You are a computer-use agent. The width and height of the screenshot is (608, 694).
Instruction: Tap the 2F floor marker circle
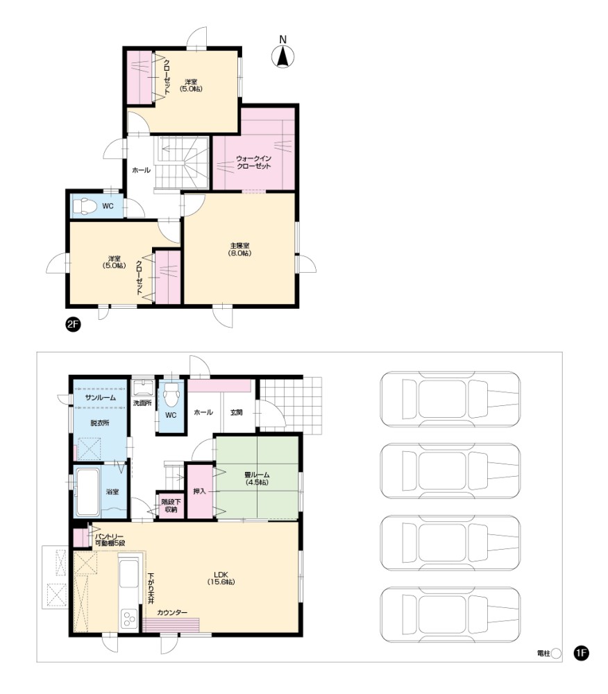(x=73, y=324)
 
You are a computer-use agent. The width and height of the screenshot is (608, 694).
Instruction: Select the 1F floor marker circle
(x=581, y=653)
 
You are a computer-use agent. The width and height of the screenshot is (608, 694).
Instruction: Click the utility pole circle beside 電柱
(x=556, y=653)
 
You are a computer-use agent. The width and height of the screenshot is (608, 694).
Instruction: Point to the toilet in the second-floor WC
(x=85, y=206)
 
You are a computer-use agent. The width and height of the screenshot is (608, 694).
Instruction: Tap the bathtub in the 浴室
(x=88, y=492)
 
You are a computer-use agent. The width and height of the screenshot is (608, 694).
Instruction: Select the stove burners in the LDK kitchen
(x=129, y=618)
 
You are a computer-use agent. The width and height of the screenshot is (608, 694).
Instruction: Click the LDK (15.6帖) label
(x=221, y=579)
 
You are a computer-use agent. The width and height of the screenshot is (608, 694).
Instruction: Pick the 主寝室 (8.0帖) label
(x=239, y=249)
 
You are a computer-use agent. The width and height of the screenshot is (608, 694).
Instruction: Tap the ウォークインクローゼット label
(x=253, y=162)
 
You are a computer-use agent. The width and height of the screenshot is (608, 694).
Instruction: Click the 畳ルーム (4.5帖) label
(x=257, y=478)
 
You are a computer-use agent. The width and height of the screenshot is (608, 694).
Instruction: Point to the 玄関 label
(x=236, y=412)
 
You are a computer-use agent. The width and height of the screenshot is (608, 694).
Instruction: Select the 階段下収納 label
(x=171, y=505)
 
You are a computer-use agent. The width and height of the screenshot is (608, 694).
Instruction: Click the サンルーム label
(x=100, y=398)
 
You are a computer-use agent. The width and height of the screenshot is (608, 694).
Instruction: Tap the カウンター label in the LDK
(x=172, y=612)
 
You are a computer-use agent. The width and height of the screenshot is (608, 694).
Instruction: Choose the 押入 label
(x=200, y=491)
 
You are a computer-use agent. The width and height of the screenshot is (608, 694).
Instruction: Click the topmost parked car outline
(x=450, y=399)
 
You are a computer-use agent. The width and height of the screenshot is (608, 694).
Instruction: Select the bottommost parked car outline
(x=450, y=615)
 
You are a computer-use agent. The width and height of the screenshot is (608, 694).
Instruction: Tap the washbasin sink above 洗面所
(x=142, y=388)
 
